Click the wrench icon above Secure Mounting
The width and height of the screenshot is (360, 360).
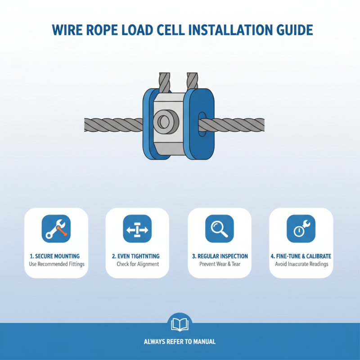56,229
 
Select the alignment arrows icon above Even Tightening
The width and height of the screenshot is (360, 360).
137,229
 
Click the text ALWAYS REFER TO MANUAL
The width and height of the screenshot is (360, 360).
180,342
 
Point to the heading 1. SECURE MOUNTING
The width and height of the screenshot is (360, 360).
56,256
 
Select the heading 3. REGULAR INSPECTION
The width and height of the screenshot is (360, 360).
219,256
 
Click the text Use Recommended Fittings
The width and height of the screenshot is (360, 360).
56,264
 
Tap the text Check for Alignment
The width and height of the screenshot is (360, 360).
137,264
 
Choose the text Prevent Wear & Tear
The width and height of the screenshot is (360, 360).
219,264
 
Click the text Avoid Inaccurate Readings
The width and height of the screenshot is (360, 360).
301,264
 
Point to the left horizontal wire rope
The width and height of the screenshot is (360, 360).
112,124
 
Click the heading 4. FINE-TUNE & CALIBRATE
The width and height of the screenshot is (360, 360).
301,256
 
